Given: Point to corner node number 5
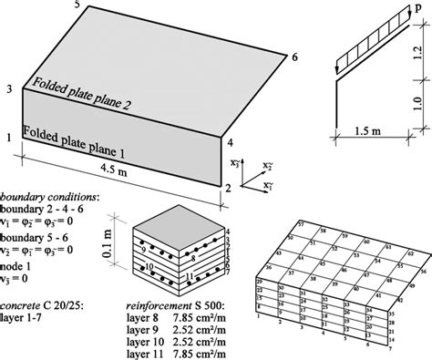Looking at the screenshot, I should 77,6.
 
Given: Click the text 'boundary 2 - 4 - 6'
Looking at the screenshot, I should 41,211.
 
